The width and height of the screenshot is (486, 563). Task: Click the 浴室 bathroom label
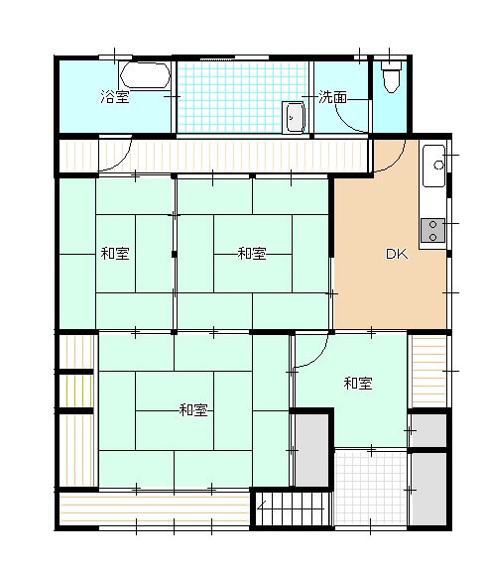tap(115, 97)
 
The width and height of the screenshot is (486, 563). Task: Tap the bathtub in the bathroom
tap(146, 75)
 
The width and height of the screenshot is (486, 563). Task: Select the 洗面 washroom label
tap(332, 97)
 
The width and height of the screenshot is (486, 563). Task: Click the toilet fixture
tap(391, 76)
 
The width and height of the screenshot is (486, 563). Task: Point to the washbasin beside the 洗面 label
tap(294, 117)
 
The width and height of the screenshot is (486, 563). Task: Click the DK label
tap(397, 254)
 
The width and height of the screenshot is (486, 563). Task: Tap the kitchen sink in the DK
tap(433, 166)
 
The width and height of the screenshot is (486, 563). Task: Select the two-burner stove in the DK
tap(432, 231)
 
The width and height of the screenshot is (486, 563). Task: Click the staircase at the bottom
tap(294, 508)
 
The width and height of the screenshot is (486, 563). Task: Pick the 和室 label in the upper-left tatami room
tap(115, 254)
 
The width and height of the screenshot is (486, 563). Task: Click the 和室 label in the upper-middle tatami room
tap(252, 254)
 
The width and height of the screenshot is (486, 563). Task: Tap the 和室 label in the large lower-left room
tap(193, 409)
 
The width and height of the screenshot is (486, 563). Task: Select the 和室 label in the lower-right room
tap(358, 384)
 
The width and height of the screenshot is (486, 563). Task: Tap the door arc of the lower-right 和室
tap(319, 360)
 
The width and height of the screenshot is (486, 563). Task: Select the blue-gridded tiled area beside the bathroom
tap(242, 97)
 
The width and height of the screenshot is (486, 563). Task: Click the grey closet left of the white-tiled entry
tap(311, 450)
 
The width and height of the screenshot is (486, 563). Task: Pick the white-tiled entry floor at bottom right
tap(370, 489)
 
